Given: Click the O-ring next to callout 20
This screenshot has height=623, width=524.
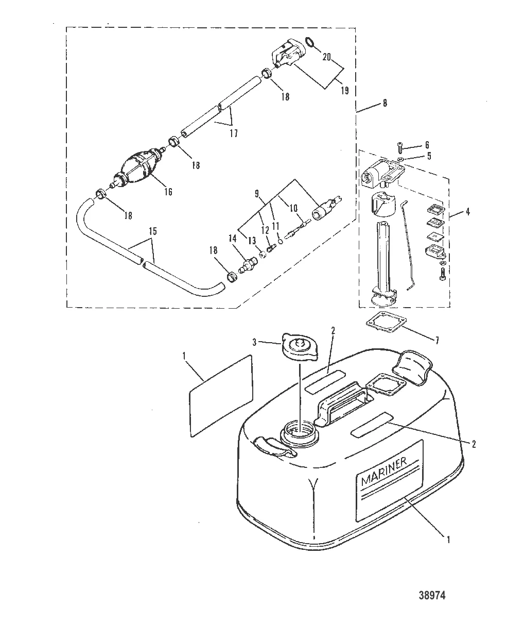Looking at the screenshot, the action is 310,42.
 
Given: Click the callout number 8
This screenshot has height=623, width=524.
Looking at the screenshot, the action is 385,103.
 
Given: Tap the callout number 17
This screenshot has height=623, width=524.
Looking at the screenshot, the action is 234,133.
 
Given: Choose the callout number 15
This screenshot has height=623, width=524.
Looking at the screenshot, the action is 152,231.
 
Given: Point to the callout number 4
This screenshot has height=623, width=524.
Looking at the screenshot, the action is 468,212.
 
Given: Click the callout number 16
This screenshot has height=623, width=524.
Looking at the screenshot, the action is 168,192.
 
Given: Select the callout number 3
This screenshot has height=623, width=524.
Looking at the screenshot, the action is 254,342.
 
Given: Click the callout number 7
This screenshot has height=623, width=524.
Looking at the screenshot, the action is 437,341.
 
